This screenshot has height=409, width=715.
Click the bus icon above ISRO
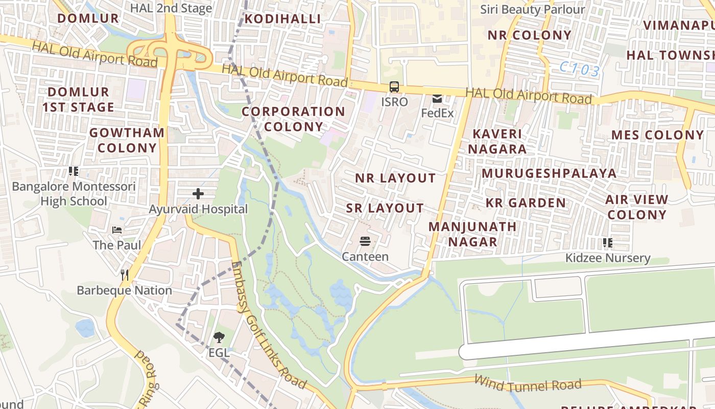[394, 87]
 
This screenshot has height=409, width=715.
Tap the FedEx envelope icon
[437, 99]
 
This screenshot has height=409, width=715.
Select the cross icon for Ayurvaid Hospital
[198, 194]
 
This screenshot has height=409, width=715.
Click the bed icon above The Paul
[117, 230]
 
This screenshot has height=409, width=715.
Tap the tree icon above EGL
[219, 337]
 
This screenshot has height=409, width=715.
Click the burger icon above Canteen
[365, 241]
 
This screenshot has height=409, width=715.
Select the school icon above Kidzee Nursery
[607, 242]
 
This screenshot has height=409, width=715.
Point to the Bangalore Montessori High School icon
[74, 171]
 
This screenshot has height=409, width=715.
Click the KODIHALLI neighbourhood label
[282, 19]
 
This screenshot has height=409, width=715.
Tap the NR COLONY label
[529, 35]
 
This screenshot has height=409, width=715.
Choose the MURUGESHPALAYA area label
[549, 173]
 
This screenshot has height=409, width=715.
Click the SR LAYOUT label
[385, 208]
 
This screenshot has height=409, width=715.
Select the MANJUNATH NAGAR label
[472, 234]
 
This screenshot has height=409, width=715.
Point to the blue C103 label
[579, 69]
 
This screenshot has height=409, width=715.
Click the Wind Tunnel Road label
[528, 383]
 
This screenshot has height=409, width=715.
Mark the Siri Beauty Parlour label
[533, 9]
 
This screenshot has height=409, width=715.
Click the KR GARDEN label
[526, 203]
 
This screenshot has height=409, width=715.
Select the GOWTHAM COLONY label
[127, 140]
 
